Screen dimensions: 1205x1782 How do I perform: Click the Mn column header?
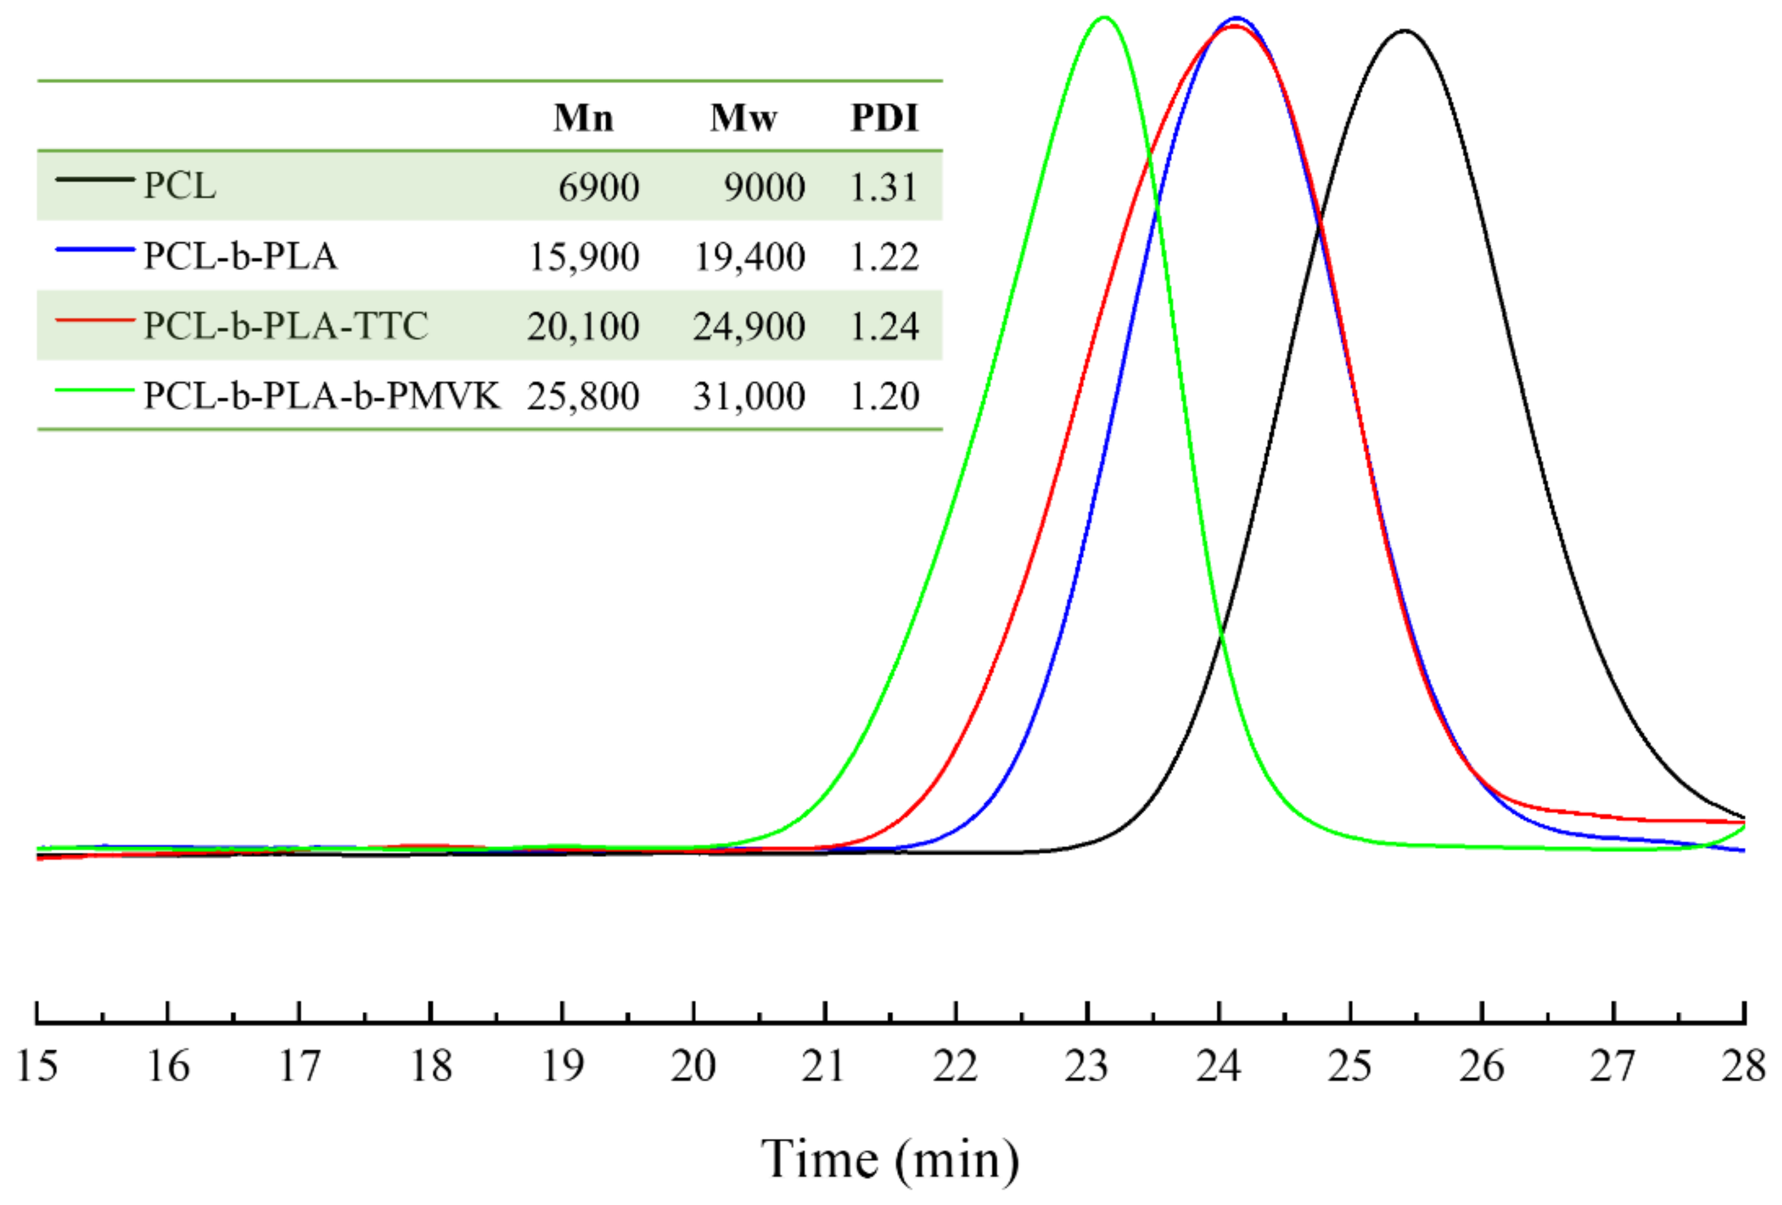[584, 117]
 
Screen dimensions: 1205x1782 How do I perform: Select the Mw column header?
[743, 117]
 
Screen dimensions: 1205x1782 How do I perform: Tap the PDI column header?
[884, 117]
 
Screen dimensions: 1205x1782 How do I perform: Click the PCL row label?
[180, 186]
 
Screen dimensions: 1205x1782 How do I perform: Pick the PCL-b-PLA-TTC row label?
[286, 326]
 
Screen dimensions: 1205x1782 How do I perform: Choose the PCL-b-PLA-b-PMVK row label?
[322, 396]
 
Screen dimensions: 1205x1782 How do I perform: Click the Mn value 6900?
[598, 187]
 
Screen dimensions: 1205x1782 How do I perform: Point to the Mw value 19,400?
[749, 257]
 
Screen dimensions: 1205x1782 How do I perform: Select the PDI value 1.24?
[884, 327]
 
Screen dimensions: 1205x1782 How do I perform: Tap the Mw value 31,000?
[749, 396]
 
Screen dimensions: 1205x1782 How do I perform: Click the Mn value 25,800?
[583, 396]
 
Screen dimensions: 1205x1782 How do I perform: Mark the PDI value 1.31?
[884, 187]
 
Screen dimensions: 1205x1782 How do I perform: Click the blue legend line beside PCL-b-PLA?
[95, 248]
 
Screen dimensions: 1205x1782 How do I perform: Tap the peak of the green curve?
[1103, 17]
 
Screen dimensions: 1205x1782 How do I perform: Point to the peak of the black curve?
[1405, 31]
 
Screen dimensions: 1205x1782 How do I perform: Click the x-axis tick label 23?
[1087, 1065]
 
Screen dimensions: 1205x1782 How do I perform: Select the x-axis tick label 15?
[37, 1065]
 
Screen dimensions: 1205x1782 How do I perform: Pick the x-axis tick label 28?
[1743, 1065]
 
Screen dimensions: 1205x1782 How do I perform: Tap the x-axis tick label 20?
[693, 1065]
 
